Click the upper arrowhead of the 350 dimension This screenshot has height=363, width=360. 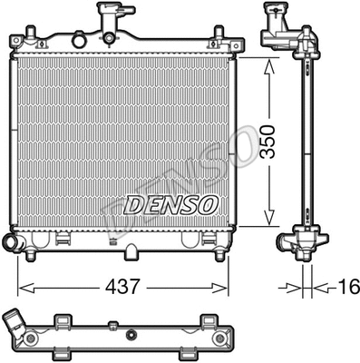click(x=268, y=64)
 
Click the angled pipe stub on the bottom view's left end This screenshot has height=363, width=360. click(x=16, y=326)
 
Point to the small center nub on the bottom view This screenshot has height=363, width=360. click(x=112, y=324)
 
